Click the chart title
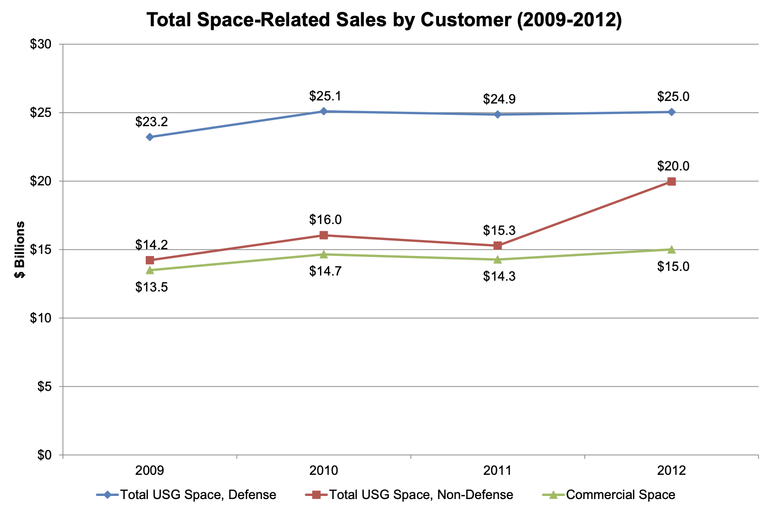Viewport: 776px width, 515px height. [x=384, y=20]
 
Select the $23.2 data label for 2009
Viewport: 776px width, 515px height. [x=151, y=122]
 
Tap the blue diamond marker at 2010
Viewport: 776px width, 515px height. [x=324, y=111]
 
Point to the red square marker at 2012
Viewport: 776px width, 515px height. [x=671, y=181]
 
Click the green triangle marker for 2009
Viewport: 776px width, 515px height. [x=150, y=270]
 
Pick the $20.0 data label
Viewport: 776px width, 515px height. [x=673, y=166]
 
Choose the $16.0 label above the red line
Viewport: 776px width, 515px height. [x=326, y=219]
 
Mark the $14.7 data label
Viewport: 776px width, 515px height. [x=326, y=271]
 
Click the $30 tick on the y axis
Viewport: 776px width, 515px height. [x=41, y=44]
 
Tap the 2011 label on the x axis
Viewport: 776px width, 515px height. [x=498, y=470]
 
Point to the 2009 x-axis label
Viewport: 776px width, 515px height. [x=150, y=470]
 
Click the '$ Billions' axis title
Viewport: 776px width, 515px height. [x=20, y=250]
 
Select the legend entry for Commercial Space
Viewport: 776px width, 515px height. [x=611, y=495]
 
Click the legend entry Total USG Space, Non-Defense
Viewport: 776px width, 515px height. [x=410, y=495]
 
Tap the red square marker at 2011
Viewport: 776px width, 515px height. [x=498, y=246]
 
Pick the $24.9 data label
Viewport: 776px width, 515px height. [x=499, y=99]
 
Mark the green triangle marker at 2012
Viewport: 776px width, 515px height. [x=671, y=249]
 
